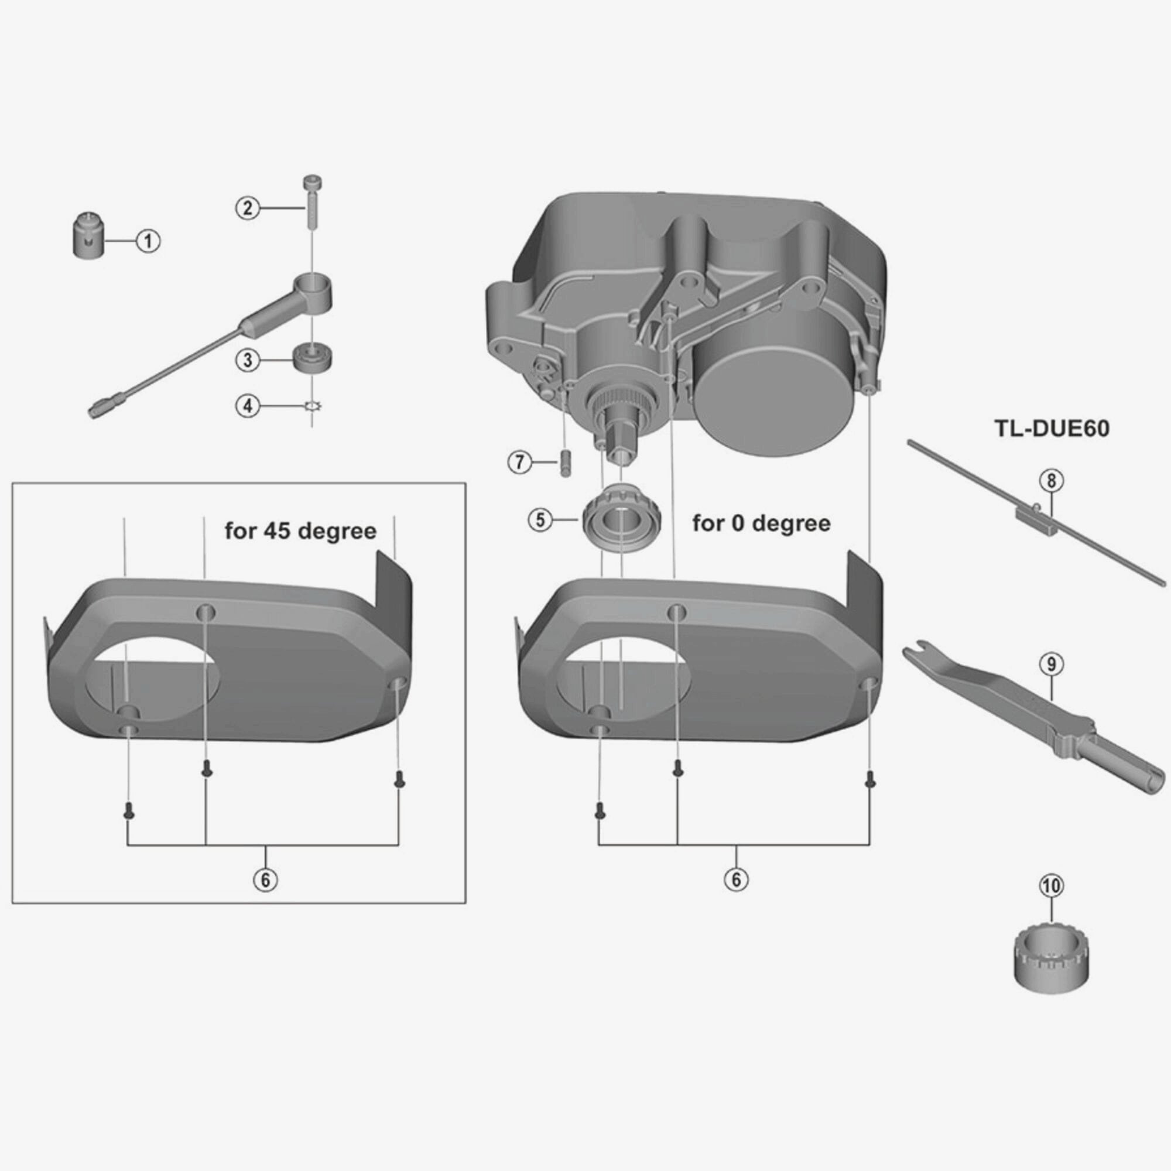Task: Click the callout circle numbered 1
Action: point(149,241)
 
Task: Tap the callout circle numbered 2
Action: point(247,208)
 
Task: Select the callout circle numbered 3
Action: point(247,361)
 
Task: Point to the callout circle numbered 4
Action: point(247,406)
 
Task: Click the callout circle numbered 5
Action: point(540,519)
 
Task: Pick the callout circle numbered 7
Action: point(519,463)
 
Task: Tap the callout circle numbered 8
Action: point(1051,481)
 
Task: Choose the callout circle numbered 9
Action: point(1051,664)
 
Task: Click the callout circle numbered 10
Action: point(1051,886)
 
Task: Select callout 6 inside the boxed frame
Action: point(265,879)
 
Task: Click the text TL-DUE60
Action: point(1052,429)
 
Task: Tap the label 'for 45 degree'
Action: point(300,532)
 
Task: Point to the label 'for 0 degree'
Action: point(761,523)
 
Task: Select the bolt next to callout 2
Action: point(312,201)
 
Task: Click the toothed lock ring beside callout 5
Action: point(621,521)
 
